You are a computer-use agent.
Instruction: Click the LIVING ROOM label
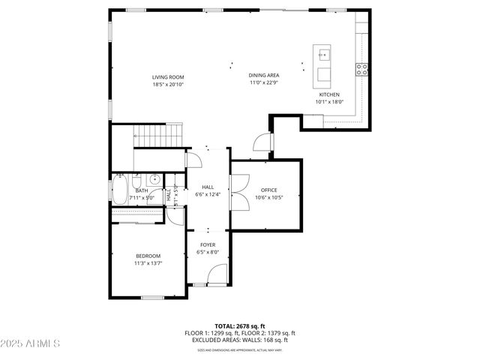[x=168, y=77]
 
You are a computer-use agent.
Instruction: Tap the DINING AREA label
[x=263, y=76]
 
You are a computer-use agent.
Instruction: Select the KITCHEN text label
[x=329, y=95]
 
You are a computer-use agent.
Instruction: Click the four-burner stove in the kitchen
[x=361, y=69]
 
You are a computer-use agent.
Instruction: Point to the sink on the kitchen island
[x=323, y=55]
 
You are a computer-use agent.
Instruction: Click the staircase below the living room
[x=159, y=136]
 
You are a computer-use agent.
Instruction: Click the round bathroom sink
[x=154, y=179]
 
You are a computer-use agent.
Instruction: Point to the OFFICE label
[x=268, y=190]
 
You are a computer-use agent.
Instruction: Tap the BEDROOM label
[x=148, y=256]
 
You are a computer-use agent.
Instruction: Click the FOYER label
[x=208, y=245]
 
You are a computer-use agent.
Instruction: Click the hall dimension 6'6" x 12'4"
[x=208, y=195]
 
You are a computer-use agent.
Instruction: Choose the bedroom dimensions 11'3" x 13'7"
[x=148, y=264]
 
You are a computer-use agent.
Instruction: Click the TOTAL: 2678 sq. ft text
[x=239, y=326]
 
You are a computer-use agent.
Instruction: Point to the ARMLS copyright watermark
[x=31, y=343]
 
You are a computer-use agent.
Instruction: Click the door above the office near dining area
[x=261, y=142]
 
